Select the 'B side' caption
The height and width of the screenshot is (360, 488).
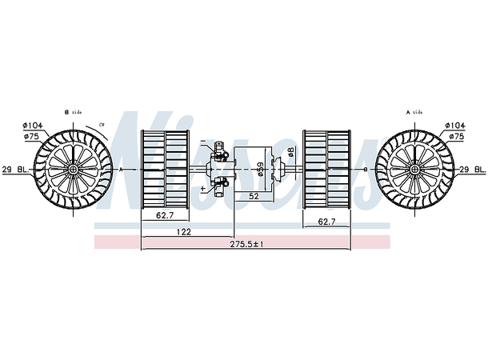[73, 113]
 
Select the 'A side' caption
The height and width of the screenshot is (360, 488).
[414, 113]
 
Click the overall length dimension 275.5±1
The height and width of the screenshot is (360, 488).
[247, 243]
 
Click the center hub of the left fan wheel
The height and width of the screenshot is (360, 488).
[74, 170]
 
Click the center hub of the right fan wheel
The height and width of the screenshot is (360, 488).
[414, 170]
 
